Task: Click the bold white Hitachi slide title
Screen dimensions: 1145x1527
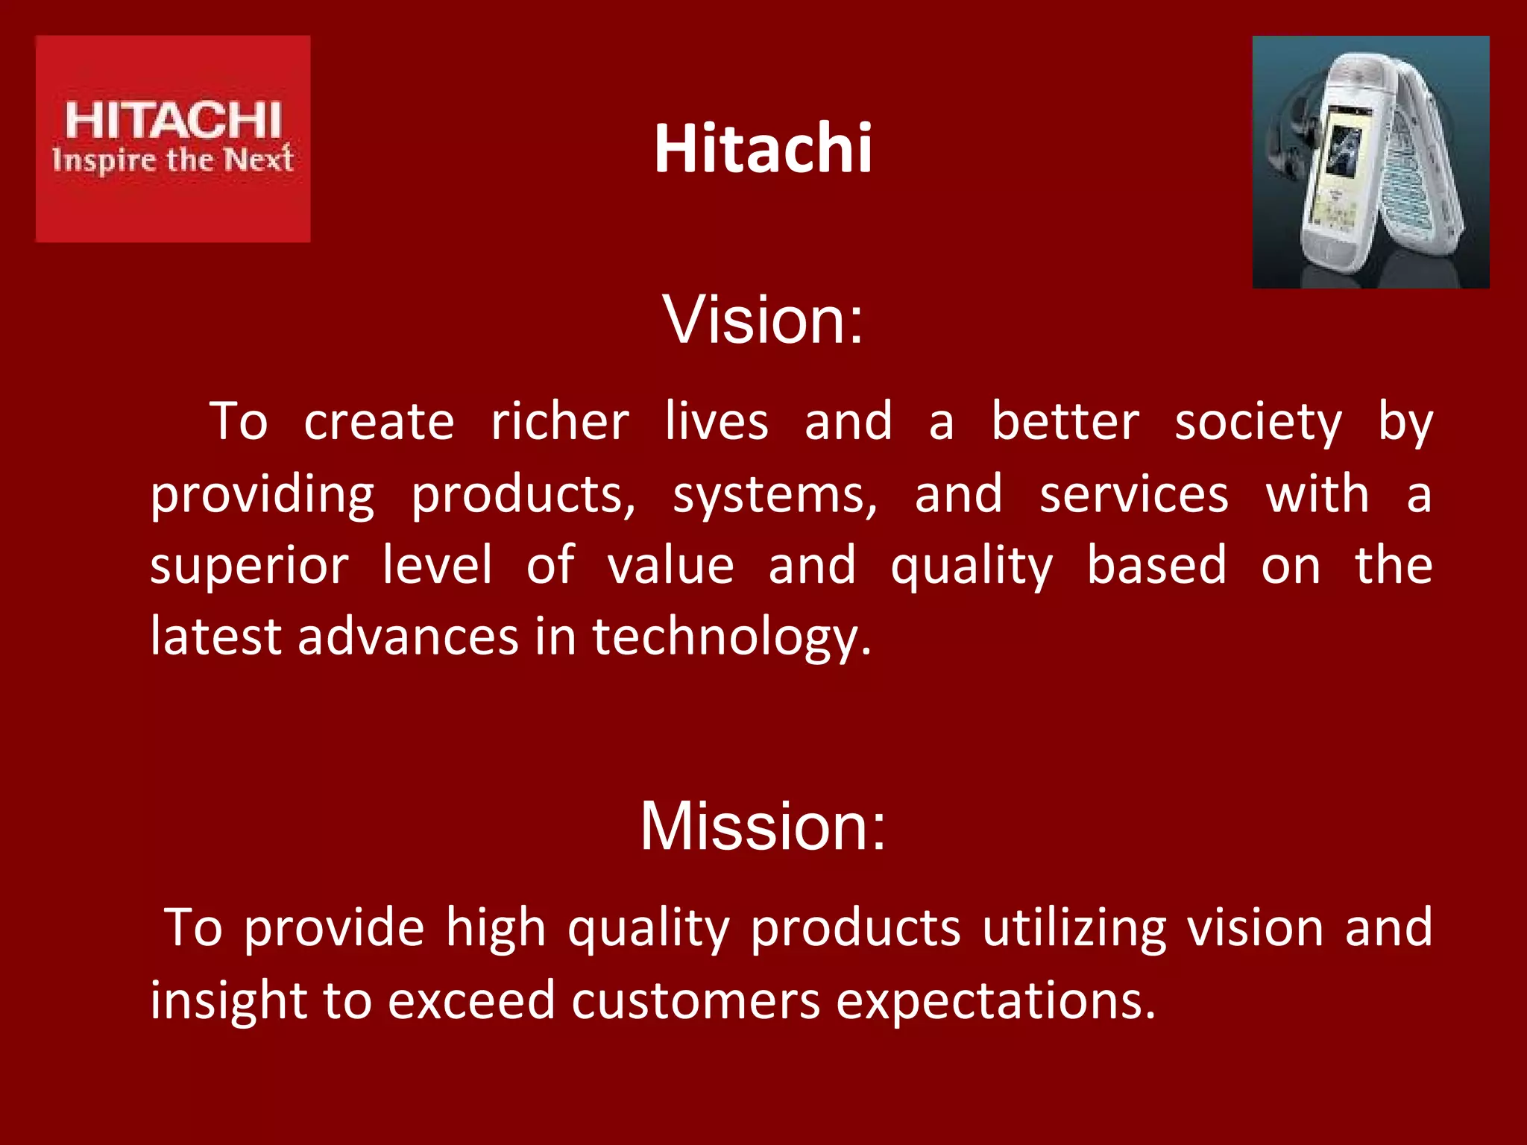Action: coord(763,148)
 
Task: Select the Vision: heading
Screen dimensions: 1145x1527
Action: coord(763,320)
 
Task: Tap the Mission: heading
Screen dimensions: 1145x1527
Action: coord(763,826)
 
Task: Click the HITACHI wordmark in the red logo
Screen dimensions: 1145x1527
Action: coord(173,121)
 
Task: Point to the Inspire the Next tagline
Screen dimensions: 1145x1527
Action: coord(173,160)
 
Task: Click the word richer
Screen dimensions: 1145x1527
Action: coord(560,422)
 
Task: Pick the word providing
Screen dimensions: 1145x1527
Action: coord(262,496)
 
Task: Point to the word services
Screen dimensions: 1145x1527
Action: coord(1133,494)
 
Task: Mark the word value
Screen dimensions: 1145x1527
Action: coord(670,565)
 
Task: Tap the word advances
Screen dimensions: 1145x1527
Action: coord(408,637)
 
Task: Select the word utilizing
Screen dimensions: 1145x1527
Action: coord(1074,929)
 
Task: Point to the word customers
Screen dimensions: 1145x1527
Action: coord(696,1000)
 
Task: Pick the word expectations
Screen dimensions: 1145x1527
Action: coord(995,1001)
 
